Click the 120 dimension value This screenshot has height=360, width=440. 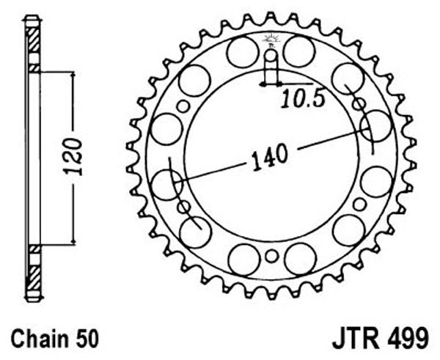pyautogui.click(x=73, y=156)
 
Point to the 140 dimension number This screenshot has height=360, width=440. pyautogui.click(x=270, y=157)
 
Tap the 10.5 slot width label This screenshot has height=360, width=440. pyautogui.click(x=303, y=99)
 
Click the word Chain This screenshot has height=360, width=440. pyautogui.click(x=34, y=339)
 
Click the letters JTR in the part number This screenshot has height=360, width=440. pyautogui.click(x=355, y=339)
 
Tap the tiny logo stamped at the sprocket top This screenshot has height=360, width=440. pyautogui.click(x=271, y=40)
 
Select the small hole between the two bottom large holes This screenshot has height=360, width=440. pyautogui.click(x=271, y=256)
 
